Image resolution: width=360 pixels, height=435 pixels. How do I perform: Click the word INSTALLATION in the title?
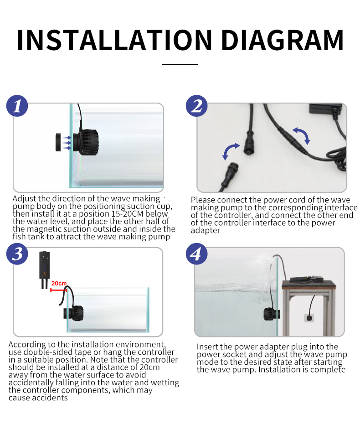[114, 40]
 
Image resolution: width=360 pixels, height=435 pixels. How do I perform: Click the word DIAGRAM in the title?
[283, 40]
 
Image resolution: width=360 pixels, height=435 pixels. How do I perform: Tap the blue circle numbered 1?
[17, 106]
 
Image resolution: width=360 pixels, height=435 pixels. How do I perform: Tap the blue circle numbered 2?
[197, 106]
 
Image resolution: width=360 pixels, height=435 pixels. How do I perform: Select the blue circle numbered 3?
[17, 254]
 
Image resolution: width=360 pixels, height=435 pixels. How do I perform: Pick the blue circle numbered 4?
[197, 254]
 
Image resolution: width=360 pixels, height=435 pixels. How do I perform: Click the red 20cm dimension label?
[59, 283]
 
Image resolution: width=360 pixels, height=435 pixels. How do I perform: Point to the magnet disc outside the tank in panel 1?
[58, 142]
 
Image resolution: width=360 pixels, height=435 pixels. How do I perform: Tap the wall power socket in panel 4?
[309, 318]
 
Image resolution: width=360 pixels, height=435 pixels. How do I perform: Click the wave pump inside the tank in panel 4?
[271, 314]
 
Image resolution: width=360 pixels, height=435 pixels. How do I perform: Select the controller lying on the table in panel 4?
[306, 279]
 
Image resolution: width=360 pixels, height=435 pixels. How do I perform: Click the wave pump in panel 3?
[73, 314]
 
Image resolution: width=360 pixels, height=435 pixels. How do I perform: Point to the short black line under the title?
[180, 64]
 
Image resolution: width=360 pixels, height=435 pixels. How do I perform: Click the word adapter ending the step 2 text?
[206, 231]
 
